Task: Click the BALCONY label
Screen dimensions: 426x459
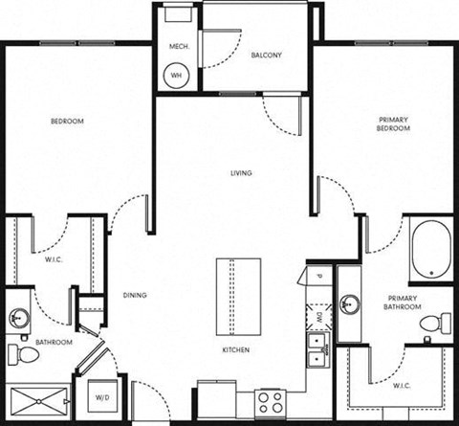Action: (x=267, y=56)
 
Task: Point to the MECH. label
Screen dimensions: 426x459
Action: (x=178, y=47)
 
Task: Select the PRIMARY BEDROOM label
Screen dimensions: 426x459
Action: (x=393, y=123)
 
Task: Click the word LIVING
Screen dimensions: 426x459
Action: (x=241, y=173)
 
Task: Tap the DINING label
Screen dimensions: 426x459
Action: (x=135, y=295)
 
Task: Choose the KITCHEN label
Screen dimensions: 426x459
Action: (x=236, y=350)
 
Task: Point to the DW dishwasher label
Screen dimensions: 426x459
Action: (x=318, y=315)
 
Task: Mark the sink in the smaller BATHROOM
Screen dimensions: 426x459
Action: (x=18, y=318)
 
